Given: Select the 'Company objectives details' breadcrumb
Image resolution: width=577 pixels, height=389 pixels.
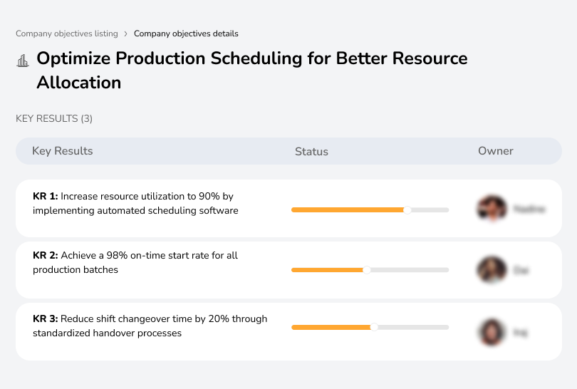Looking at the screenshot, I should tap(186, 33).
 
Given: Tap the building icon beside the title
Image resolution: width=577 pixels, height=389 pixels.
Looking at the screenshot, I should tap(23, 60).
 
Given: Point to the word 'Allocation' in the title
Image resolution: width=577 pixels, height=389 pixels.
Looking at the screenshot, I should tap(78, 83).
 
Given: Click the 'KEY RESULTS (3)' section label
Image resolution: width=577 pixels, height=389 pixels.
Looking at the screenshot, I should tap(54, 118).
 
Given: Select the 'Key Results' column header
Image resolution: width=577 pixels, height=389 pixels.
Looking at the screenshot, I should tap(62, 151).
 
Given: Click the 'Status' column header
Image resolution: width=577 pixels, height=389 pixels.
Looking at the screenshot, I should tap(311, 151).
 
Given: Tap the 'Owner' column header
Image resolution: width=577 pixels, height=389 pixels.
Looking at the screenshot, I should tap(496, 151).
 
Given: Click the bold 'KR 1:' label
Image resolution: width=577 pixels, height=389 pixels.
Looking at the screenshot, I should tap(45, 196).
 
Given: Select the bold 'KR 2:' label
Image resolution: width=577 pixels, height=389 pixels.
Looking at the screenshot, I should tap(46, 255).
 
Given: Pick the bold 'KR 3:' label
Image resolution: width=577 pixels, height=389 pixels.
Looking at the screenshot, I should tap(46, 318).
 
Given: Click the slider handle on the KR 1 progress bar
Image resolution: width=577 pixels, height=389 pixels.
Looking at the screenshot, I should tap(407, 209).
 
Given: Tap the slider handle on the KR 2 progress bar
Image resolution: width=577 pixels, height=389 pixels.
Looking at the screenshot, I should tap(367, 270).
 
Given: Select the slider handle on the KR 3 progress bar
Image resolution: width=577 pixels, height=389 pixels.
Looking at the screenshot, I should tap(374, 327).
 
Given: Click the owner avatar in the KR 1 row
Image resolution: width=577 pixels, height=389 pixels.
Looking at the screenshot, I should tap(492, 209).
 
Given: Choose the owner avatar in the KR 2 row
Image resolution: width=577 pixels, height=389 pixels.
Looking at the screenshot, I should tap(492, 270).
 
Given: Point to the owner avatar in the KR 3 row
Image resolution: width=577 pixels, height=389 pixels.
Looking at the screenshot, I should tap(492, 332).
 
